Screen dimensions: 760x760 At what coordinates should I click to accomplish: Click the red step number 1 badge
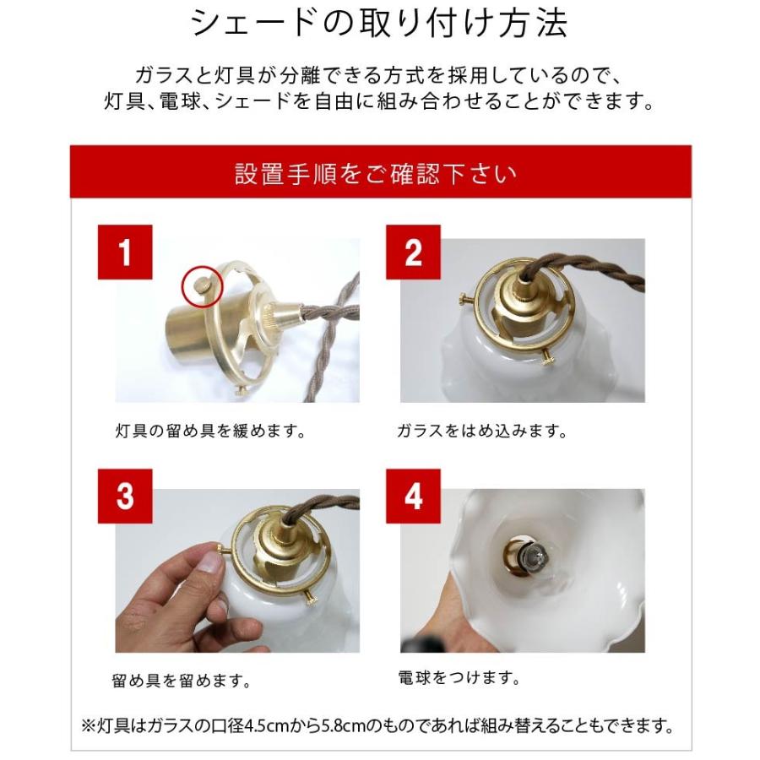pos(125,252)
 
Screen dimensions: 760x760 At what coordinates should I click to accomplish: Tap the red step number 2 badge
pos(413,252)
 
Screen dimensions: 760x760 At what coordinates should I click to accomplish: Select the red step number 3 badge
pos(125,496)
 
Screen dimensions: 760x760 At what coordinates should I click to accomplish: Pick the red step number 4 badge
pos(413,496)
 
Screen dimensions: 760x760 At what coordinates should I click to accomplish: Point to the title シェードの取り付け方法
pos(379,24)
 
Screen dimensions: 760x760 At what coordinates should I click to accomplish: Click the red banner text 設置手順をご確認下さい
pos(376,173)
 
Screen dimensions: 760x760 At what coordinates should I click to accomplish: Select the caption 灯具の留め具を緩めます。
pos(210,431)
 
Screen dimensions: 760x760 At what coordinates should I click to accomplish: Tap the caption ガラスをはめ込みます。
pos(482,431)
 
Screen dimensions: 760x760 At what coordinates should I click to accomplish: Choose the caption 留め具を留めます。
pos(182,681)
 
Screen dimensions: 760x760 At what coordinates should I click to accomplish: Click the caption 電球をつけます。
pos(459,677)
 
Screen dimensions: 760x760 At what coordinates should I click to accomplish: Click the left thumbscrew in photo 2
pos(466,299)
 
